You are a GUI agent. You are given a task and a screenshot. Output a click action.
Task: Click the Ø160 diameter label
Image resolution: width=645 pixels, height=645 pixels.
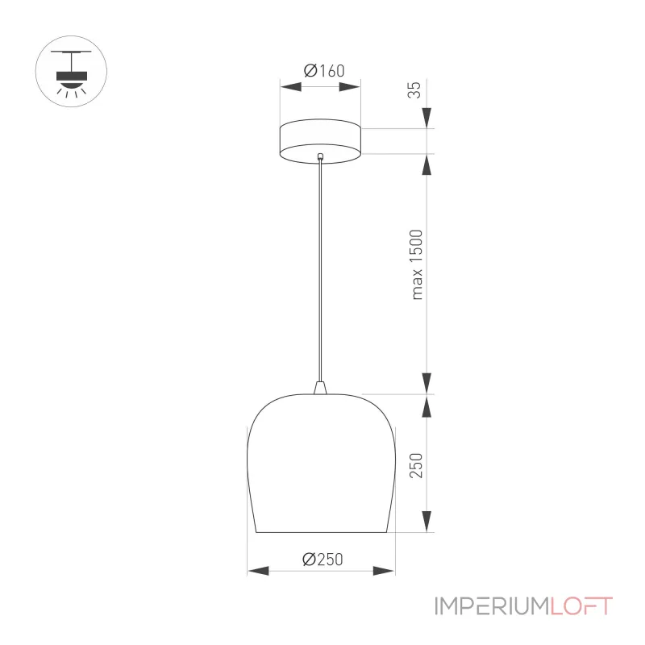pos(324,71)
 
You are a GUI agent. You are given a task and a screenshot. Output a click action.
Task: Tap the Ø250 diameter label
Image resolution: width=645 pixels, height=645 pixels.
pos(322,559)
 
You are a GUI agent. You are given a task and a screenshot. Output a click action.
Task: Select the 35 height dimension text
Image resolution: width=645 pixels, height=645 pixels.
pos(414,89)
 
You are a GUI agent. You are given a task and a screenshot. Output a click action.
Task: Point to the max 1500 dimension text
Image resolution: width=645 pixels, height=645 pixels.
pos(417,264)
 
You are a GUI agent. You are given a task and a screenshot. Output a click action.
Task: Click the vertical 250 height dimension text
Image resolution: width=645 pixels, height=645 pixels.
pos(416,465)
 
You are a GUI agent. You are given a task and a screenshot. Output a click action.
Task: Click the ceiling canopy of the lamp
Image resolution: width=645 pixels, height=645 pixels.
pos(320,141)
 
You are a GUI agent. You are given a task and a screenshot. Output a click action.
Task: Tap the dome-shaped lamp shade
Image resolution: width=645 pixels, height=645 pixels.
pos(321,463)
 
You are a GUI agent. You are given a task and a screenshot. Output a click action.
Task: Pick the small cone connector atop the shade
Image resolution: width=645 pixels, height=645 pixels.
pos(320,388)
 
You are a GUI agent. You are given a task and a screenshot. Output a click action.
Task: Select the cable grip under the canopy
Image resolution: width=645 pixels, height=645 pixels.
pos(320,156)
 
